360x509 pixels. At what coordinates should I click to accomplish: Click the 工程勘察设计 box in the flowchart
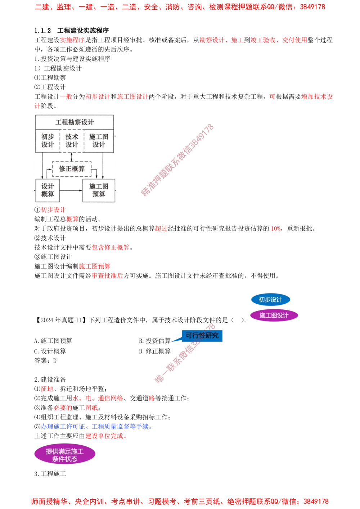coord(75,122)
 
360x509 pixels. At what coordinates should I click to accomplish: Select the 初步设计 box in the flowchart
coord(48,141)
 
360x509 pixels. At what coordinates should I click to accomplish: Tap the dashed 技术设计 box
coord(72,141)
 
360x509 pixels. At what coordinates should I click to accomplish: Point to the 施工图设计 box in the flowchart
coord(99,141)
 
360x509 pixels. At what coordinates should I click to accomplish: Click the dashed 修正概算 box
coord(72,169)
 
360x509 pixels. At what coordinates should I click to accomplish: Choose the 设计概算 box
coord(48,190)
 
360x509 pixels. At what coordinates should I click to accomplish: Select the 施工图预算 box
coord(99,190)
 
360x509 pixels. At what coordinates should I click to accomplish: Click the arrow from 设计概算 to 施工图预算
coord(71,190)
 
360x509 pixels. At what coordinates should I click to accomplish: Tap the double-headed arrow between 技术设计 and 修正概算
coord(72,157)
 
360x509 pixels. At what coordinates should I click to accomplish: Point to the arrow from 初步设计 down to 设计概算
coord(42,165)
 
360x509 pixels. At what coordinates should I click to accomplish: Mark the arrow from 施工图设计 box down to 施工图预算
coord(103,165)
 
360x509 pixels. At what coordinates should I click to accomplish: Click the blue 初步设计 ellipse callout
coord(270,300)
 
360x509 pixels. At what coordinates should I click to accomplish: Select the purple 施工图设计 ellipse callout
coord(274,315)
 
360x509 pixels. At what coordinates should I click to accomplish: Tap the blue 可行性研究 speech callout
coord(202,335)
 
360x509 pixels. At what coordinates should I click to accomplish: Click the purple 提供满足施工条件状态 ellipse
coord(65,455)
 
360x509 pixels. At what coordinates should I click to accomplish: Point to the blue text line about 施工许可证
coord(96,427)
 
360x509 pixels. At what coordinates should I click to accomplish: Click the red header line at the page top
coord(180,7)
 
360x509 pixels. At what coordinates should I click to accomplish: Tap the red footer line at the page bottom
coord(180,501)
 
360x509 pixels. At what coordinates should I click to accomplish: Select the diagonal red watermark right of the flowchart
coord(177,160)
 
